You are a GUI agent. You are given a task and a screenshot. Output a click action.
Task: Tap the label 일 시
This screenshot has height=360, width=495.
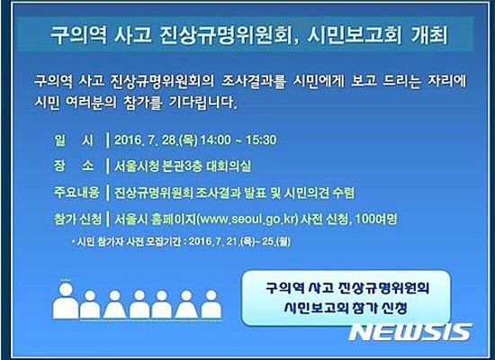67,139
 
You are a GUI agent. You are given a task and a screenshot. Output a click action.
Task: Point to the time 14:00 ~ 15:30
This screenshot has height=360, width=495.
243,139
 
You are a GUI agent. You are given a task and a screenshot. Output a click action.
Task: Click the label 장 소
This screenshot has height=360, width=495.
67,166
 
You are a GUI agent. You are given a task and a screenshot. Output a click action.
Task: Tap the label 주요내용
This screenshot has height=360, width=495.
74,192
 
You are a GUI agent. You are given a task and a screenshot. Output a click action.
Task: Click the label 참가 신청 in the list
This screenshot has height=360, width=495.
76,218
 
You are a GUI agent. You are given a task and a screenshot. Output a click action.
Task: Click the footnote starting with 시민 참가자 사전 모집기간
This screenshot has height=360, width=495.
184,241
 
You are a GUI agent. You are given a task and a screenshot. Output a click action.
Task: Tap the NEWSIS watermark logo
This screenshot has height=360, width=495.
409,331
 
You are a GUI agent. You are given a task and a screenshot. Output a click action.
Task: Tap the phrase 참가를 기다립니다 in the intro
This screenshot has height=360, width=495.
185,103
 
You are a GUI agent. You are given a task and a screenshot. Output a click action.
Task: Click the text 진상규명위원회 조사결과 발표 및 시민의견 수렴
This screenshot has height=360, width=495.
235,192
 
